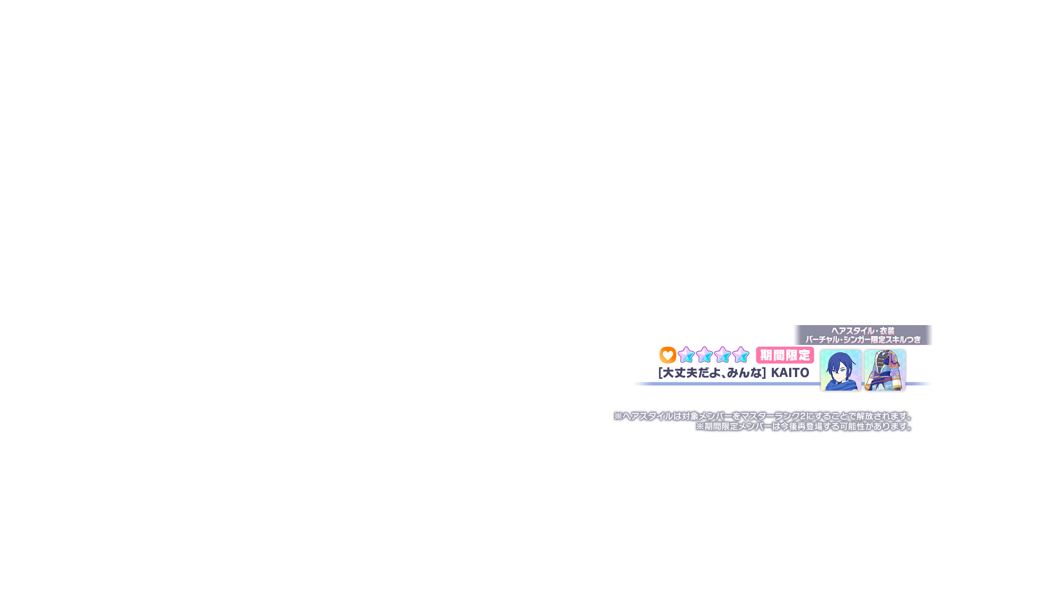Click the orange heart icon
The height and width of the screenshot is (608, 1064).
coord(668,355)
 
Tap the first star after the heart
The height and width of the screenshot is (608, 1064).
coord(686,355)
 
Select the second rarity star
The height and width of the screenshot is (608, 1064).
coord(704,355)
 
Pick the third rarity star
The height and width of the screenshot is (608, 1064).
coord(722,355)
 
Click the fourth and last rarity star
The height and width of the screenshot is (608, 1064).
coord(741,355)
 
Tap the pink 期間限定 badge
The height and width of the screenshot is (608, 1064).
coord(785,356)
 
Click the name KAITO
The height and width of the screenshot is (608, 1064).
coord(790,373)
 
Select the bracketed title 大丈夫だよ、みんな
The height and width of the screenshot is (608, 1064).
coord(712,373)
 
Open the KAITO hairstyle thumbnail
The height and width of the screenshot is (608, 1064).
coord(840,370)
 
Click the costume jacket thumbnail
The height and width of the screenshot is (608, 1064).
coord(885,370)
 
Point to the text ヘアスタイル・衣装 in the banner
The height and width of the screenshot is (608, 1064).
coord(863,331)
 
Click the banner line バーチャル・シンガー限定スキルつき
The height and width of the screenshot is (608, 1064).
coord(863,339)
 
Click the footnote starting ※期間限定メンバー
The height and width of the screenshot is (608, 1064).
coord(804,426)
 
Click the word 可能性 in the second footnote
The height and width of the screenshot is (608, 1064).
coord(852,426)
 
